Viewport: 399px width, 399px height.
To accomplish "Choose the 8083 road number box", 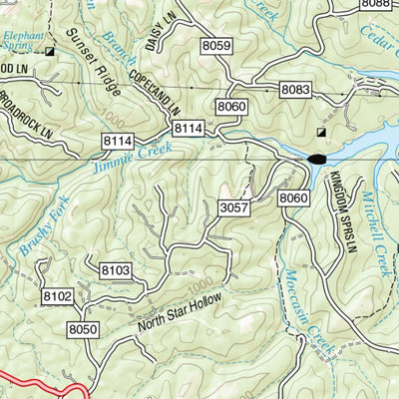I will (x=295, y=91).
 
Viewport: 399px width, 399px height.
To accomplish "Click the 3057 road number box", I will (x=232, y=206).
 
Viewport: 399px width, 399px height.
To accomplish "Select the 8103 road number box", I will (x=117, y=269).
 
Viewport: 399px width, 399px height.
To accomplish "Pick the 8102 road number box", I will (x=57, y=296).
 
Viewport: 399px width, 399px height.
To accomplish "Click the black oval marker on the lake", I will (x=317, y=159).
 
